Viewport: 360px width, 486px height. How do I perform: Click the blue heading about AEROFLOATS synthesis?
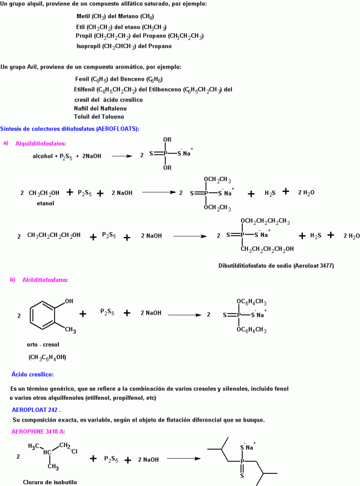click(x=70, y=129)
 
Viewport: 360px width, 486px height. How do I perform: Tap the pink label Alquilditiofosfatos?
click(x=41, y=143)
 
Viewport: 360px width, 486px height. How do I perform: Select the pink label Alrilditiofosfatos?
click(x=46, y=280)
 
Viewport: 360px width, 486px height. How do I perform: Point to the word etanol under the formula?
click(x=46, y=204)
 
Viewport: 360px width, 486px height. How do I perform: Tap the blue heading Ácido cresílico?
click(x=33, y=374)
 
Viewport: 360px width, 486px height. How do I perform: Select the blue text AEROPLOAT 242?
click(x=36, y=409)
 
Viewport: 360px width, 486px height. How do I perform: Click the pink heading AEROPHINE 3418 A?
click(x=38, y=431)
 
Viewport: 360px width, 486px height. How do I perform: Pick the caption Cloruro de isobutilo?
click(x=50, y=482)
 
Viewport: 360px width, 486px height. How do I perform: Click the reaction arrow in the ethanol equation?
click(x=159, y=193)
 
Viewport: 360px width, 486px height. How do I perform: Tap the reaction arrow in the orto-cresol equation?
click(x=185, y=315)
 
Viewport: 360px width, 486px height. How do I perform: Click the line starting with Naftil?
click(x=100, y=109)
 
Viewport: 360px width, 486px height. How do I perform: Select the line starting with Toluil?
click(x=99, y=117)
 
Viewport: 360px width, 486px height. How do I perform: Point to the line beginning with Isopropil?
click(x=124, y=46)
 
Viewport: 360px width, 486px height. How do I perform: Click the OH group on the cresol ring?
click(x=69, y=301)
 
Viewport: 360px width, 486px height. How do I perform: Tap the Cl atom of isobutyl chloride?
click(x=74, y=451)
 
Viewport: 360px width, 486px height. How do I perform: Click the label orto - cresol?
click(x=42, y=344)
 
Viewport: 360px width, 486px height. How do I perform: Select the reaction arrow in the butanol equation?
click(x=189, y=236)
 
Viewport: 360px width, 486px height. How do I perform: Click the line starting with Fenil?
click(x=118, y=80)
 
